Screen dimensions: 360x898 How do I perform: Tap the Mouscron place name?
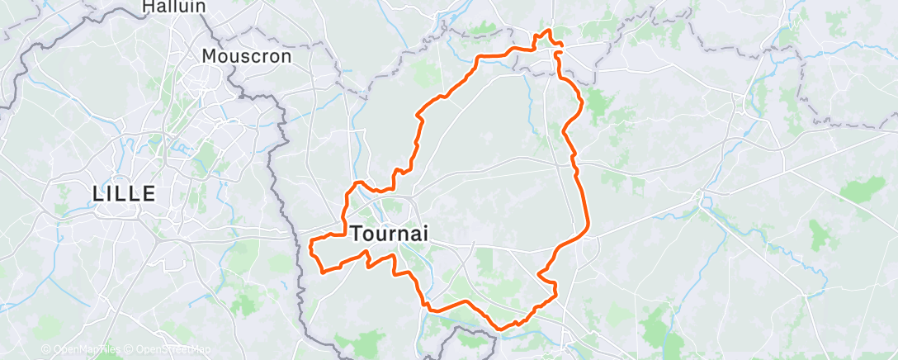pos(247,57)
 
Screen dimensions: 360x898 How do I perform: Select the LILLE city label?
pos(124,194)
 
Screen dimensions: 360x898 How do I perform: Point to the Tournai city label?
pos(389,234)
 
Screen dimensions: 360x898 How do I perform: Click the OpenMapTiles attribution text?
pos(83,349)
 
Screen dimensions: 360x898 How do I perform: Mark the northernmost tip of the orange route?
pos(546,31)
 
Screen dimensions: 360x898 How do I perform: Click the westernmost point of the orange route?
pos(310,244)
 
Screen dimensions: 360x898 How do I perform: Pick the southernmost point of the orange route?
pos(500,329)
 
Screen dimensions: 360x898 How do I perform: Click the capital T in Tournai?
pos(357,234)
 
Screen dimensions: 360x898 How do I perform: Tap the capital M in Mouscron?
pos(210,57)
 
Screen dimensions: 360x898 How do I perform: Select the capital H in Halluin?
pos(148,7)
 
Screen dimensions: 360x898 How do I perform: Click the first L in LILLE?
pos(98,194)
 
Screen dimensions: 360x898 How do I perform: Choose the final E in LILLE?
pos(150,194)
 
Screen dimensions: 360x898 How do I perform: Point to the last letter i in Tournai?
pos(425,234)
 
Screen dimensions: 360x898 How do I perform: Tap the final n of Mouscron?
pos(286,57)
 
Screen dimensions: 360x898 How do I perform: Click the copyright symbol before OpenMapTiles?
pos(45,349)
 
